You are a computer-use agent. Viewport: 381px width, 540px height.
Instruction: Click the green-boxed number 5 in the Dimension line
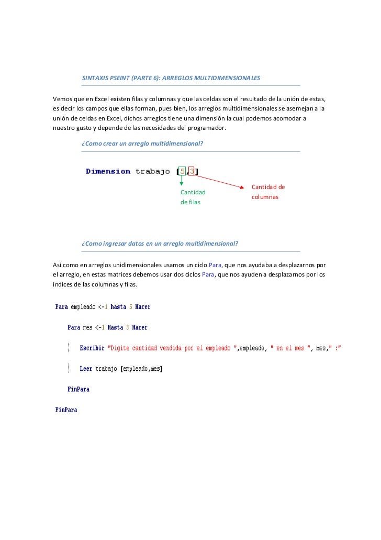pyautogui.click(x=182, y=171)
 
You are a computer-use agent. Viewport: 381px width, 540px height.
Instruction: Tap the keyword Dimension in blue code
pyautogui.click(x=108, y=171)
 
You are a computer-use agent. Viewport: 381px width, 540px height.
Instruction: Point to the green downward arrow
pyautogui.click(x=182, y=181)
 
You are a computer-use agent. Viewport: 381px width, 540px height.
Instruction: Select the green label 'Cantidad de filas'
pyautogui.click(x=193, y=197)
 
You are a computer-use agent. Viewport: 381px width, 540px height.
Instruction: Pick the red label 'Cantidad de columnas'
pyautogui.click(x=268, y=192)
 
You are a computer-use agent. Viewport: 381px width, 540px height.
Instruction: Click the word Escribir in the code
pyautogui.click(x=92, y=348)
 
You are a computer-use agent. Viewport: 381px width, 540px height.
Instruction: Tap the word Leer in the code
pyautogui.click(x=86, y=369)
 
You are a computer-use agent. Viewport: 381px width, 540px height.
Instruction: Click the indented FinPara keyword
pyautogui.click(x=78, y=389)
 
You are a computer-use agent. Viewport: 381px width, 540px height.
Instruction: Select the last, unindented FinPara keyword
pyautogui.click(x=66, y=410)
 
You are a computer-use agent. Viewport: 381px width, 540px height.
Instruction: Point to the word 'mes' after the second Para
pyautogui.click(x=87, y=328)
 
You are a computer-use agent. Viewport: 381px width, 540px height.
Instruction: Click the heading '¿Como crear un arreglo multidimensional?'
pyautogui.click(x=143, y=143)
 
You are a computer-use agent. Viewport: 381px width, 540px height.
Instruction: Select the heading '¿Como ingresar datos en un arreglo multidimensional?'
pyautogui.click(x=160, y=244)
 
